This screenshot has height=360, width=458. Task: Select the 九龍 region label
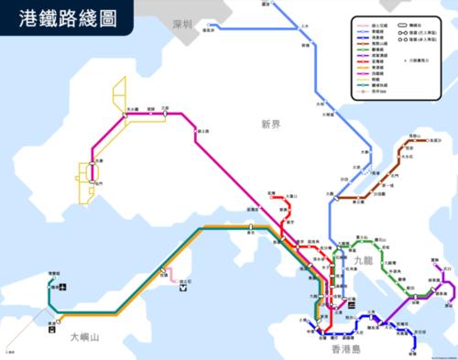[x=363, y=261]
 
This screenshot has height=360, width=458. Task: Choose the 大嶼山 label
[x=89, y=337]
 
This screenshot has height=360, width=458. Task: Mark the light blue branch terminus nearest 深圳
[x=207, y=30]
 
